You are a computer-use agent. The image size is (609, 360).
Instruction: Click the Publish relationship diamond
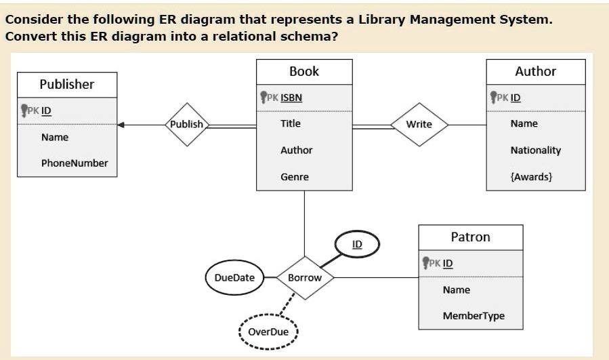coord(186,124)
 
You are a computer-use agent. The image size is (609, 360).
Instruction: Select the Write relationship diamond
coord(419,124)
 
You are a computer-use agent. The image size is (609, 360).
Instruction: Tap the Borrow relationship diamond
coord(304,277)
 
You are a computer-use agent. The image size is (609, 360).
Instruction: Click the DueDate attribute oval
coord(234,277)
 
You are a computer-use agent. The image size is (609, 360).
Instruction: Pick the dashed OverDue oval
coord(268,332)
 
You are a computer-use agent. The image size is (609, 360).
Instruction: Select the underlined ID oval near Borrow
coord(358,244)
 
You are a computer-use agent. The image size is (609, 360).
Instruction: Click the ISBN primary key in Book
coord(291,97)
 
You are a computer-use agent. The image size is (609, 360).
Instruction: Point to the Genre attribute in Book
coord(295,177)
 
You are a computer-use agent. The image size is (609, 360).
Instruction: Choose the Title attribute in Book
coord(291,123)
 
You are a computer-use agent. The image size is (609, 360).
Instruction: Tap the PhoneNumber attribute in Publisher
coord(75,163)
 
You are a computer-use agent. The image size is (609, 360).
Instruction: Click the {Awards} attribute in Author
coord(532,177)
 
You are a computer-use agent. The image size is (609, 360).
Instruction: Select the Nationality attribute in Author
coord(535,151)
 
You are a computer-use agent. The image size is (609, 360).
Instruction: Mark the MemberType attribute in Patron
coord(474,316)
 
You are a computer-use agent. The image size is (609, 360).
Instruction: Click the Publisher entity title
coord(67,84)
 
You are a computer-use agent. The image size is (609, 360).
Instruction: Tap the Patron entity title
coord(470,237)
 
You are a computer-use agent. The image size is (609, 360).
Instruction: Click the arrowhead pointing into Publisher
coord(121,125)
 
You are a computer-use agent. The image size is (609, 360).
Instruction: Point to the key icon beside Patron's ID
coord(426,262)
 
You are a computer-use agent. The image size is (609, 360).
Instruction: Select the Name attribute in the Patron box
coord(456,289)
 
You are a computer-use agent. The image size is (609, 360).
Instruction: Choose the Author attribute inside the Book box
coord(296,151)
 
